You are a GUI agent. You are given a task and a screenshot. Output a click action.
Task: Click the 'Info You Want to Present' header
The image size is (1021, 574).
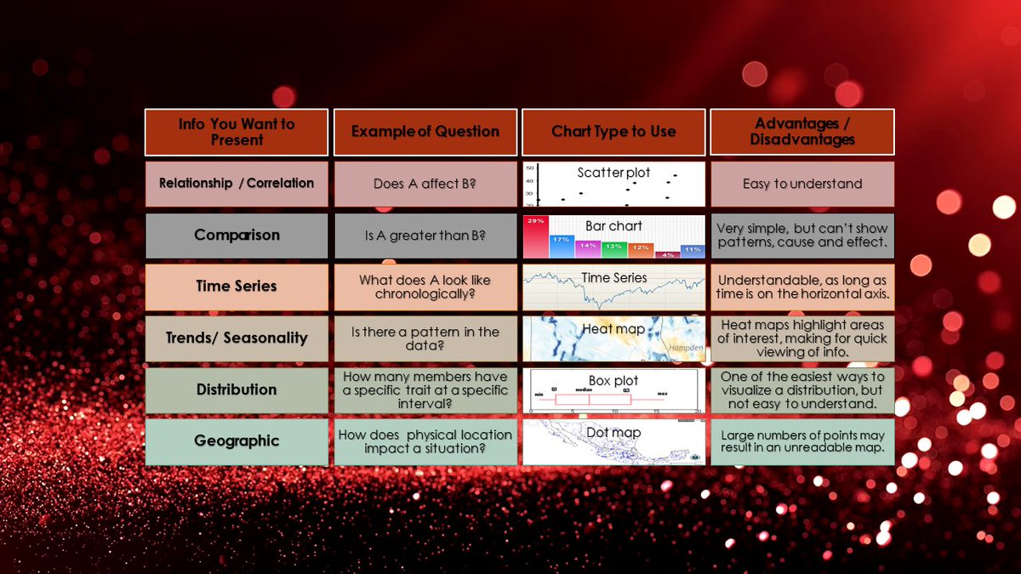point(237,132)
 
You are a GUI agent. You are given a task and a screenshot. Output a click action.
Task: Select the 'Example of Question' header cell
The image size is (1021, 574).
point(425,132)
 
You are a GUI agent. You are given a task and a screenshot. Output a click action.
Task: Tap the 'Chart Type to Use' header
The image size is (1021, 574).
point(613,132)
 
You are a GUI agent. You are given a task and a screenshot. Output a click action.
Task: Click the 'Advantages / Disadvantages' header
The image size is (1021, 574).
point(802,132)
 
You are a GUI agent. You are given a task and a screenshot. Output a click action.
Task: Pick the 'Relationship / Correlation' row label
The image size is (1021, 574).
point(237,184)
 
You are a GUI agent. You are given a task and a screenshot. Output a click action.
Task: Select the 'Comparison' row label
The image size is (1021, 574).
point(237,236)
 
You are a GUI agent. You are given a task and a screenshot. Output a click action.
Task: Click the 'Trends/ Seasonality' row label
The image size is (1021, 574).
point(237,338)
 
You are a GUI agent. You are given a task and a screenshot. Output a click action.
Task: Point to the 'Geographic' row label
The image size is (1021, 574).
point(237,440)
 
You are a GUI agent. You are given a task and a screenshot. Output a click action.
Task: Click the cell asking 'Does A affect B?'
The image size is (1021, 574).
point(425,184)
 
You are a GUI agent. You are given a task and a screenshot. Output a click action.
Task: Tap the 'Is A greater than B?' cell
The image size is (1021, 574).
point(425,236)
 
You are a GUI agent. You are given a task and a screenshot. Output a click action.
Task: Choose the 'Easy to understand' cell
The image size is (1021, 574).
point(802,184)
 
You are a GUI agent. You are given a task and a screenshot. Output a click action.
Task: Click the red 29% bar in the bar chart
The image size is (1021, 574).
point(536,238)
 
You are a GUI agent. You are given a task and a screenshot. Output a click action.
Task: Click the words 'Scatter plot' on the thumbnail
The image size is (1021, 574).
point(613,173)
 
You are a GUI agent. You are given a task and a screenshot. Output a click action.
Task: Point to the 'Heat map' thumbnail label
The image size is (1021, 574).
point(613,329)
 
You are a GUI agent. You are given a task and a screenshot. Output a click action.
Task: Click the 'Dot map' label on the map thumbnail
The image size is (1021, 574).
point(613,433)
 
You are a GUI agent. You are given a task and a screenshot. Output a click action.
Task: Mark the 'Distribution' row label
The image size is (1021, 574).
point(237,389)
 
